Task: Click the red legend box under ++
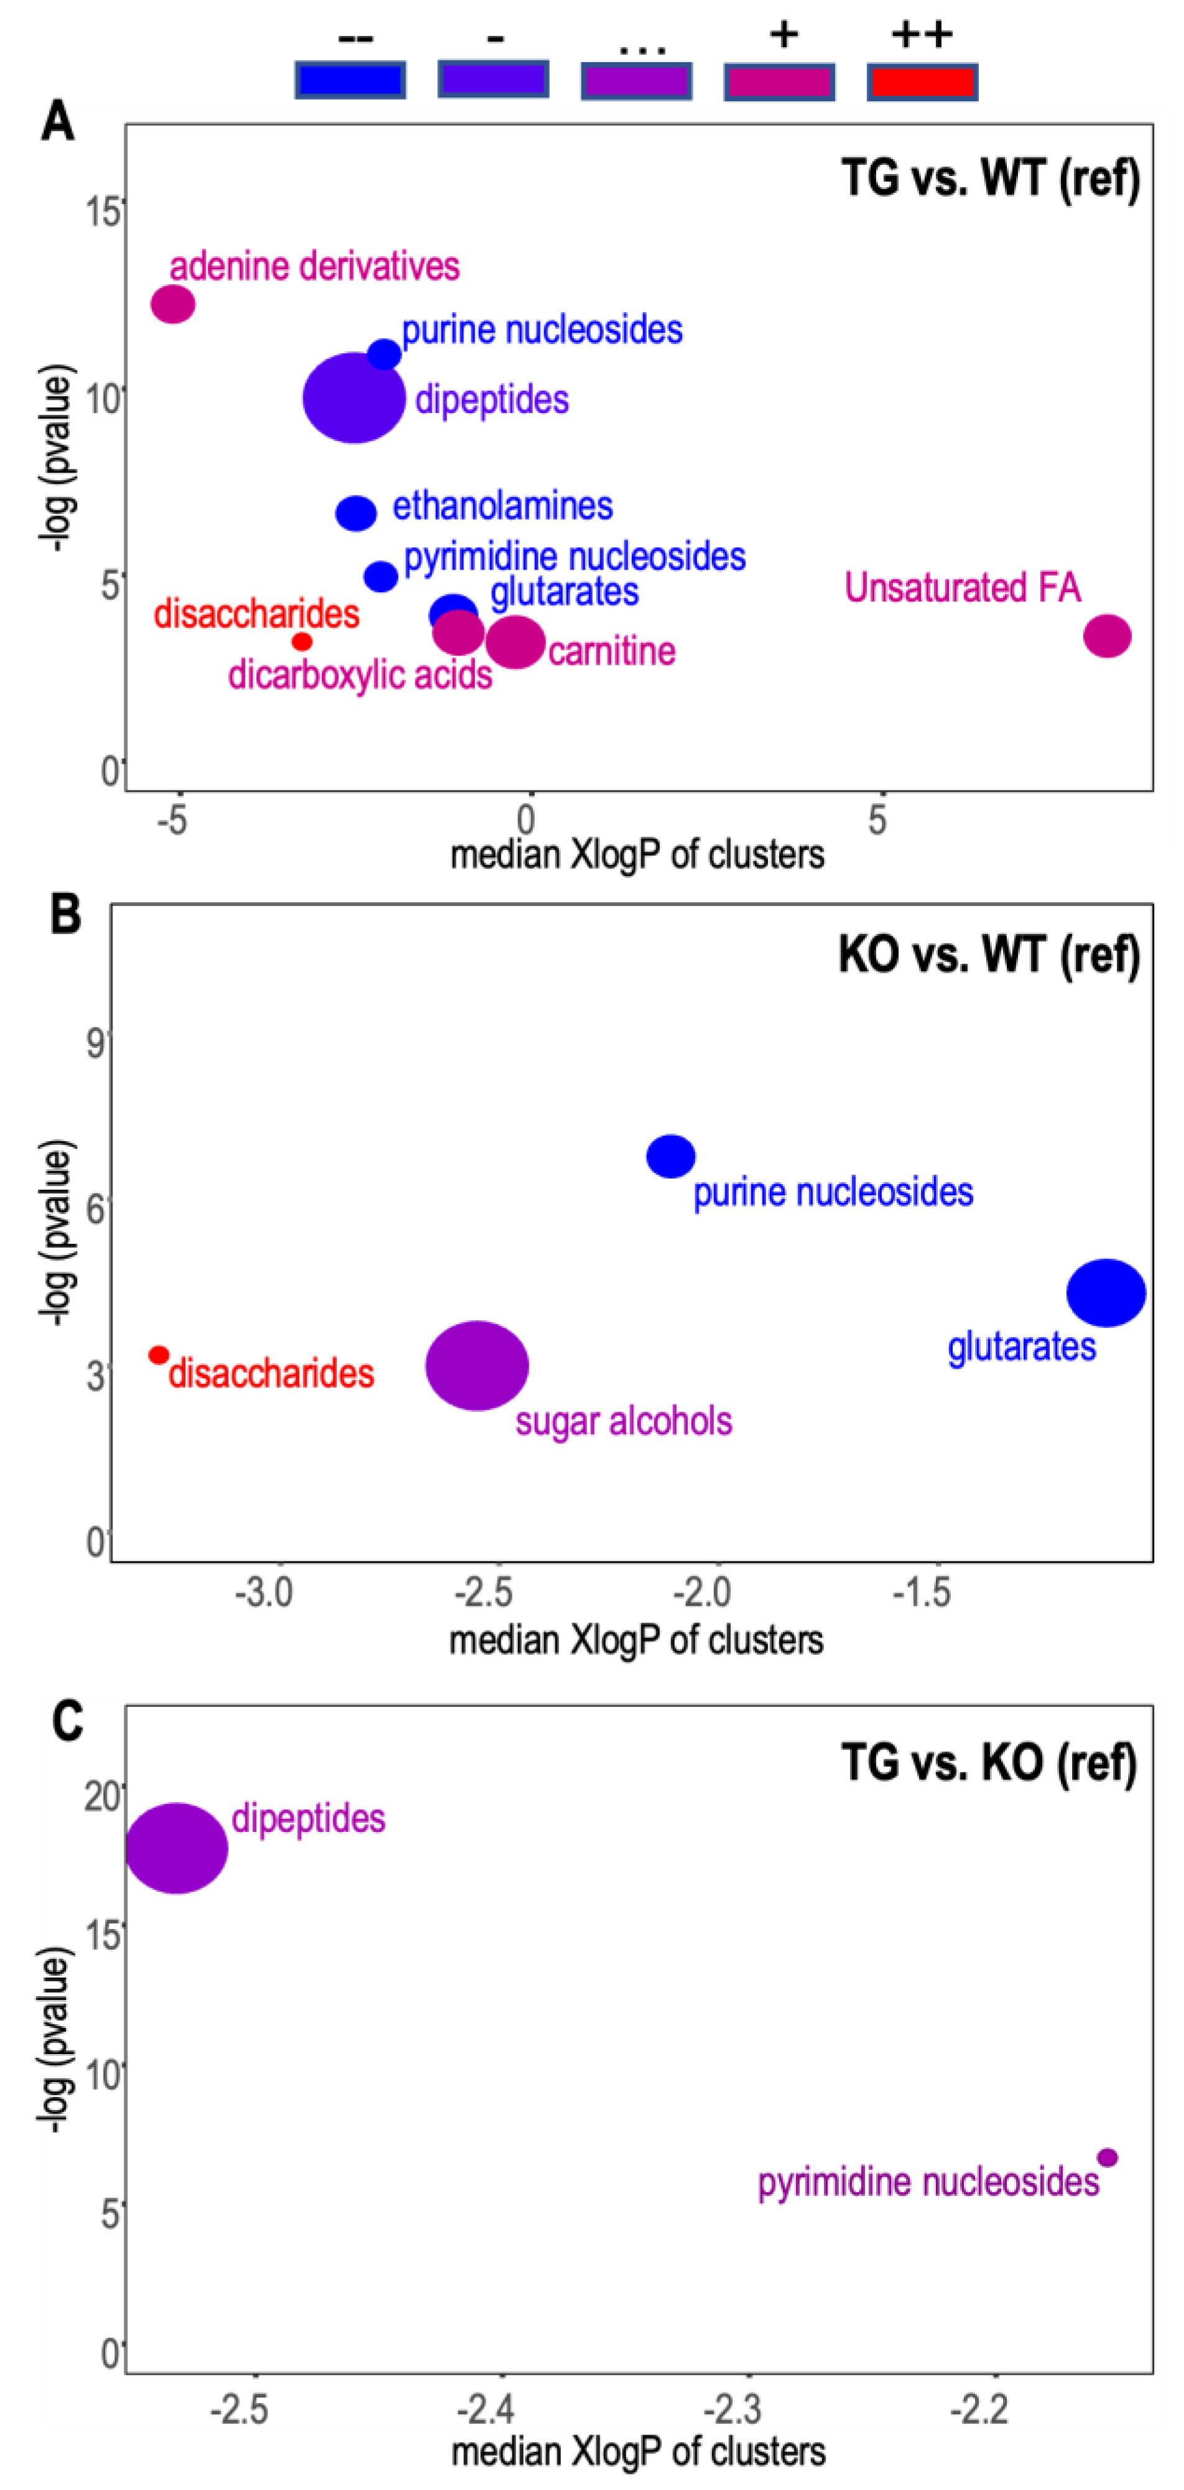coord(922,82)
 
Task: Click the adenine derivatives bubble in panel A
coord(173,305)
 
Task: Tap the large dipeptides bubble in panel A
coord(354,397)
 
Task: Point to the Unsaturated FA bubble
coord(1107,636)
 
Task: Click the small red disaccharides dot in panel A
coord(302,641)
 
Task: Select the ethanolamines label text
coord(502,506)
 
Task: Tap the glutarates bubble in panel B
coord(1106,1292)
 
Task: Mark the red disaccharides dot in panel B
coord(159,1355)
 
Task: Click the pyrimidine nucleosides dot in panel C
coord(1108,2157)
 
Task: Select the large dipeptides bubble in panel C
coord(177,1848)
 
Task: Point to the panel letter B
coord(66,914)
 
